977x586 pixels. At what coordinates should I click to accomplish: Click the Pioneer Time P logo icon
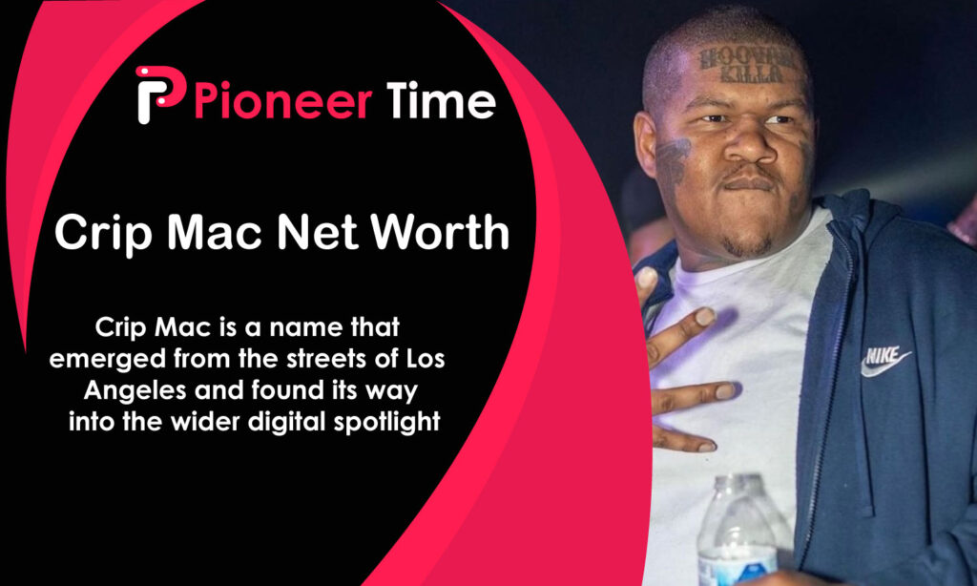[158, 94]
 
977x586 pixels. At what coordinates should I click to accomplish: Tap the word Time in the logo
[441, 100]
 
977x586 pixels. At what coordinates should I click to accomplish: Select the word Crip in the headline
[94, 232]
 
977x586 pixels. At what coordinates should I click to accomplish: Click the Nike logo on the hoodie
[884, 361]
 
